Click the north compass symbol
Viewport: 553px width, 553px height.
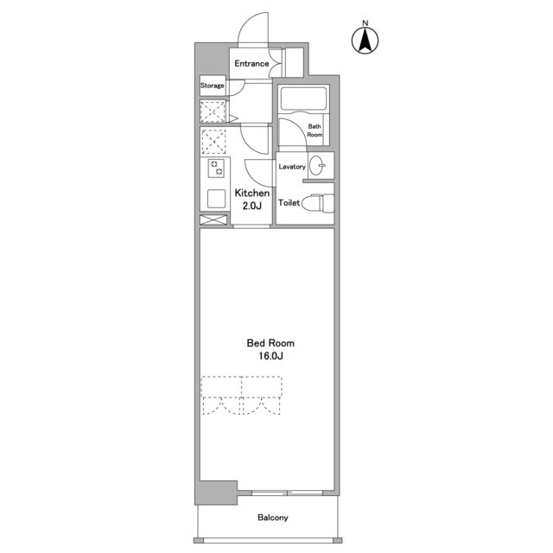tap(365, 41)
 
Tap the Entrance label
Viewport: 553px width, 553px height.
tap(251, 64)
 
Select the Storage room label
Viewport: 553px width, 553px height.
tap(212, 86)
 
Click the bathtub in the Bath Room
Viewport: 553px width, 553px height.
tap(303, 98)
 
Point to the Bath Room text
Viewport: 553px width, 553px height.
tap(315, 130)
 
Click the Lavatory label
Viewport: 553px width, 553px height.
tap(292, 167)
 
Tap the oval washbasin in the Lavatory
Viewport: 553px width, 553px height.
tap(317, 165)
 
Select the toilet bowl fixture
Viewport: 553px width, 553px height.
tap(318, 203)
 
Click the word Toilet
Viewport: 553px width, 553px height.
tap(289, 203)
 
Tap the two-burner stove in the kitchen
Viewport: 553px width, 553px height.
tap(216, 168)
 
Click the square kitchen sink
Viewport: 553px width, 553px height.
tap(216, 199)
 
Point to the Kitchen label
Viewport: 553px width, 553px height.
tap(251, 193)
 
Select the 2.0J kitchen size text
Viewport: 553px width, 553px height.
tap(251, 206)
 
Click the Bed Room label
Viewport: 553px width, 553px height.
tap(270, 343)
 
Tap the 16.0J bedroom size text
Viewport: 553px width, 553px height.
tap(270, 356)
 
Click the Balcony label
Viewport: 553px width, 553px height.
tap(273, 518)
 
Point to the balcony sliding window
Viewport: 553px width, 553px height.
tap(287, 493)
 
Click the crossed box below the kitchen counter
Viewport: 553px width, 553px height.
tap(213, 219)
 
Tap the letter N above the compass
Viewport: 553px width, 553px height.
tap(365, 23)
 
